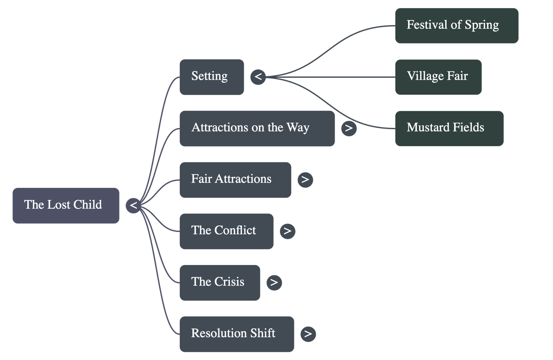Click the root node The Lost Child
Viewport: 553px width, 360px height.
coord(66,206)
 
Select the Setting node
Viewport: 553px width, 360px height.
coord(212,77)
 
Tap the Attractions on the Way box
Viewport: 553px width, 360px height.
coord(257,128)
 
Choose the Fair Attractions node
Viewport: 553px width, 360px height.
coord(235,180)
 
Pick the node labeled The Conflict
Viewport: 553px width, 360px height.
coord(226,231)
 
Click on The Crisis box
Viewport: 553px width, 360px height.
coord(220,283)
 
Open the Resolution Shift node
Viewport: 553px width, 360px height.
coord(237,334)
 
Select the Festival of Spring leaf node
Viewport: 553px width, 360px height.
coord(457,26)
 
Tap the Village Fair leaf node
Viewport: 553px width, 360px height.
coord(438,77)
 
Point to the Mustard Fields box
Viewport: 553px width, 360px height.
coord(449,129)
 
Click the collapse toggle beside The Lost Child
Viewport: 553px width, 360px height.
coord(133,206)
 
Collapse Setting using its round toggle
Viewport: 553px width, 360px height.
coord(258,77)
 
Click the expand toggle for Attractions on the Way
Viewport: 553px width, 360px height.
coord(349,128)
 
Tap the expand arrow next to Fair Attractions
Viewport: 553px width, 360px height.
coord(305,180)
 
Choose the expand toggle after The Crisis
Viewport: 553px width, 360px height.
coord(274,282)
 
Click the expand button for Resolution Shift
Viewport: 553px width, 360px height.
coord(308,334)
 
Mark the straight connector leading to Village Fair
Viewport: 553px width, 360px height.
coord(332,77)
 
